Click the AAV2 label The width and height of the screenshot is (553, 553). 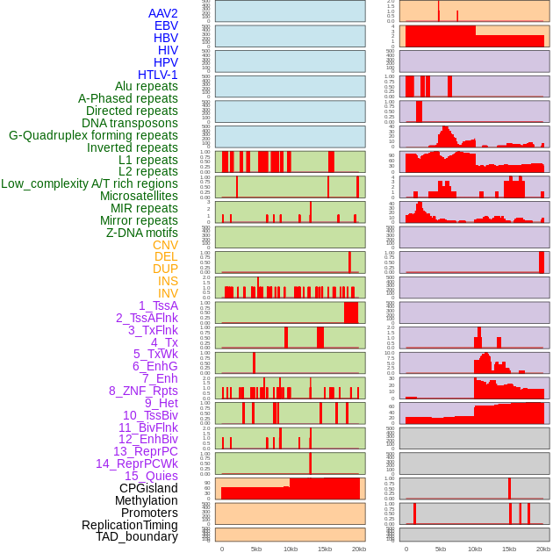pyautogui.click(x=162, y=13)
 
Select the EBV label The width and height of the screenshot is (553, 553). pyautogui.click(x=166, y=25)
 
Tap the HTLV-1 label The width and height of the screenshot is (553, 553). pyautogui.click(x=158, y=75)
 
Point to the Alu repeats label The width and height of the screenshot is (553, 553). pyautogui.click(x=147, y=86)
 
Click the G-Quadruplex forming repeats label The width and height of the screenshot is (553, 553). pyautogui.click(x=93, y=135)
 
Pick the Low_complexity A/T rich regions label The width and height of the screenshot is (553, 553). pyautogui.click(x=90, y=183)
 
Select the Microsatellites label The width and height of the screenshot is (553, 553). pyautogui.click(x=139, y=196)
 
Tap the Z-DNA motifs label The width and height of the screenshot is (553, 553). pyautogui.click(x=142, y=233)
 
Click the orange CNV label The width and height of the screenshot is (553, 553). pyautogui.click(x=165, y=245)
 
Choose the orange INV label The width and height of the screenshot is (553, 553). pyautogui.click(x=168, y=293)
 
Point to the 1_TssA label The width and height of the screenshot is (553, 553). pyautogui.click(x=158, y=305)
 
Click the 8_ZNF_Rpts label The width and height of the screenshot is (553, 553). pyautogui.click(x=143, y=391)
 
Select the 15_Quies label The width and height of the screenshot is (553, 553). pyautogui.click(x=151, y=476)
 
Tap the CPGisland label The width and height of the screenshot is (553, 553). pyautogui.click(x=148, y=488)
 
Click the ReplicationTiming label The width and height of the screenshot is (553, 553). pyautogui.click(x=130, y=525)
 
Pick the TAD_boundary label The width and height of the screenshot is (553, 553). pyautogui.click(x=137, y=536)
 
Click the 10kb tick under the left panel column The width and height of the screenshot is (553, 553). pyautogui.click(x=290, y=549)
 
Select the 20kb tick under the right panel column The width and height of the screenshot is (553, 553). pyautogui.click(x=543, y=549)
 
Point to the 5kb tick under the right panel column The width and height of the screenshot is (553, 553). pyautogui.click(x=440, y=549)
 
